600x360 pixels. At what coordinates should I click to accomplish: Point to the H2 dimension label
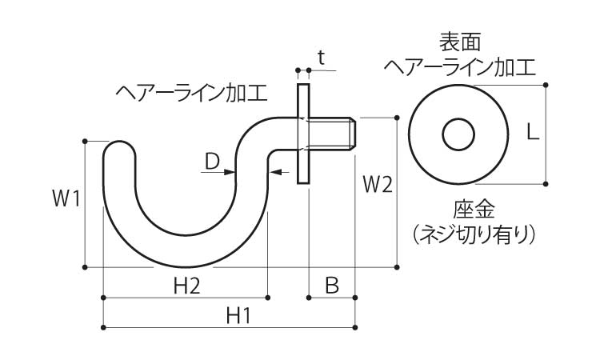click(x=186, y=285)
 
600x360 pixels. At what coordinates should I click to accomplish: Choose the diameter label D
click(x=210, y=161)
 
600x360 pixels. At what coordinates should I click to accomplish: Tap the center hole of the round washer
click(x=458, y=133)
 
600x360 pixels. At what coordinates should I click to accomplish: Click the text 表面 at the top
click(x=458, y=40)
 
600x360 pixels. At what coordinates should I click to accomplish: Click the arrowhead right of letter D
click(x=231, y=171)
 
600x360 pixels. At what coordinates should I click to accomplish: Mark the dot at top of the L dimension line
click(x=546, y=84)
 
